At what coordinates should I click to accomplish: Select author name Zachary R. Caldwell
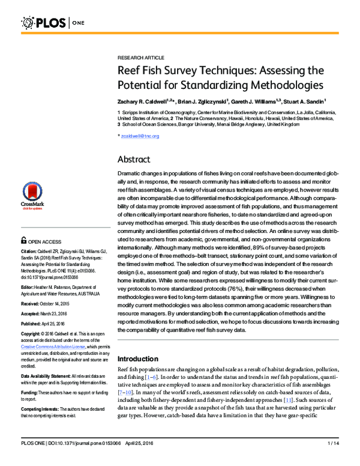143,102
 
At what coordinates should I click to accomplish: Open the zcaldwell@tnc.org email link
140,136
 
